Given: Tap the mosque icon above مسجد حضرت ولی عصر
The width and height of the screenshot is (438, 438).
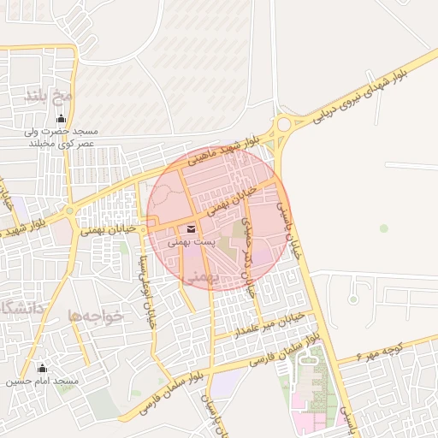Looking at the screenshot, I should pyautogui.click(x=60, y=119).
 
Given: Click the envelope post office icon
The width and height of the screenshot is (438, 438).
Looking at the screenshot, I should pyautogui.click(x=190, y=228).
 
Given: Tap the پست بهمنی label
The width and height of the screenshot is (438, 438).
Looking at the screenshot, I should pyautogui.click(x=190, y=244).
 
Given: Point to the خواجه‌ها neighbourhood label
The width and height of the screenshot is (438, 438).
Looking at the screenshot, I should pyautogui.click(x=97, y=316).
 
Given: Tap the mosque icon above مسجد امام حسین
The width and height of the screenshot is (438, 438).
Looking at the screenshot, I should pyautogui.click(x=43, y=368).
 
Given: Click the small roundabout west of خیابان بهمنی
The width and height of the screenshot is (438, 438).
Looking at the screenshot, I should pyautogui.click(x=68, y=210).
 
